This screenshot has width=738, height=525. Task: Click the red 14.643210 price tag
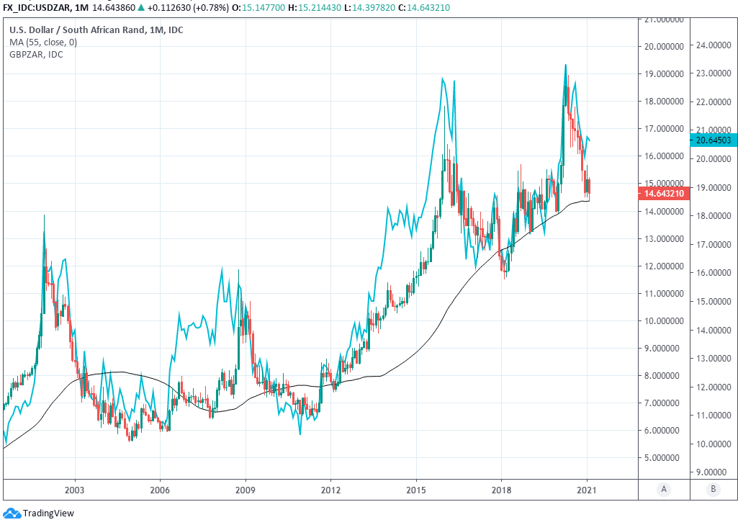click(662, 194)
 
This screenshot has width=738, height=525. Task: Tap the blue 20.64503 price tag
click(711, 139)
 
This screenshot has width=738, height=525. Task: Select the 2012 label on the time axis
click(330, 490)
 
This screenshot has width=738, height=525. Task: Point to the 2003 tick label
click(75, 490)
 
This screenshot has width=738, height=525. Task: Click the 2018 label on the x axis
click(501, 490)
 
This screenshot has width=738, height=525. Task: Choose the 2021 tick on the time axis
click(587, 490)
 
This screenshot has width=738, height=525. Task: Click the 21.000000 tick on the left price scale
click(662, 19)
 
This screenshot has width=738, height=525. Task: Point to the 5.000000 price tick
click(662, 457)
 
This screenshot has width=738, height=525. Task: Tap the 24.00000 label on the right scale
click(711, 45)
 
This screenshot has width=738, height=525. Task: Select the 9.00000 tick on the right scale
click(711, 472)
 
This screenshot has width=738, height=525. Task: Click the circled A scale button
click(664, 490)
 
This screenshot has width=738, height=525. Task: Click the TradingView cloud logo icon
click(12, 513)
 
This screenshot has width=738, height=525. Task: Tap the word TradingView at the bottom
click(48, 513)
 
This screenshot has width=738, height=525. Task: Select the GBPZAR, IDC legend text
click(35, 54)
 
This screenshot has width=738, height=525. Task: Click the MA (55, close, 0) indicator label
click(43, 42)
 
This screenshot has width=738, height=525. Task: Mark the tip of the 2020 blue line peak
click(565, 65)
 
